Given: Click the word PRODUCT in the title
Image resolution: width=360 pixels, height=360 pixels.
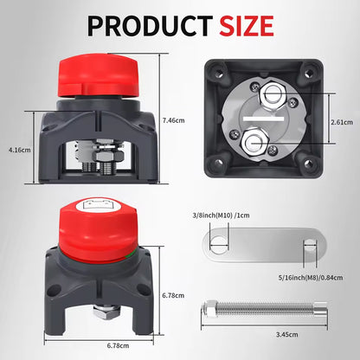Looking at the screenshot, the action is coord(150,26).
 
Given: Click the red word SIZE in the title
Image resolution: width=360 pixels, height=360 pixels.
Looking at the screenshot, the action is coord(247,26).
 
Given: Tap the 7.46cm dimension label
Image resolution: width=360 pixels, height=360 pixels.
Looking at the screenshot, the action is coord(173,120).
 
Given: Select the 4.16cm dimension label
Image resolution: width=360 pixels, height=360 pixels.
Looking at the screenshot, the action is coord(19,150).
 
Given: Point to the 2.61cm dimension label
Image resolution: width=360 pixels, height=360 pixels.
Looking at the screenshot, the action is coord(342,122).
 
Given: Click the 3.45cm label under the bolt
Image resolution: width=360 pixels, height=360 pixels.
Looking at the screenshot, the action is coord(286,335).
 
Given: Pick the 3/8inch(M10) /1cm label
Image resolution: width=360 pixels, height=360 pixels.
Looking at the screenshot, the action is coord(221,215).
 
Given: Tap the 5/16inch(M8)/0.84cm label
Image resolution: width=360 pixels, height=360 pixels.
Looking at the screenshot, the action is coord(311,278).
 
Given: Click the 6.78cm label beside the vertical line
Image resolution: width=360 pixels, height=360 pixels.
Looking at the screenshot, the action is coord(173,295).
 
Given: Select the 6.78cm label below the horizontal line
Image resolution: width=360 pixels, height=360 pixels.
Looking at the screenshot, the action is coord(118,345).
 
